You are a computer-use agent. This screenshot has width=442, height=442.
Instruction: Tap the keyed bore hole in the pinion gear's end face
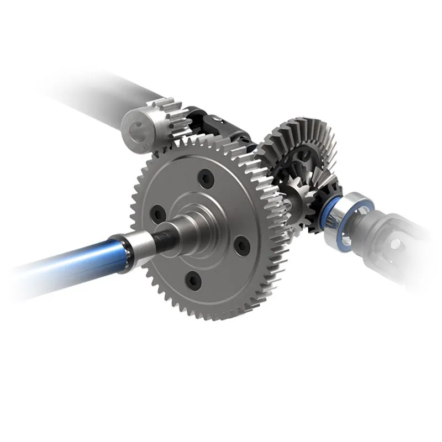(x=134, y=129)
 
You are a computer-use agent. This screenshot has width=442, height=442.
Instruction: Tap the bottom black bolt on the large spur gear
(x=191, y=279)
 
